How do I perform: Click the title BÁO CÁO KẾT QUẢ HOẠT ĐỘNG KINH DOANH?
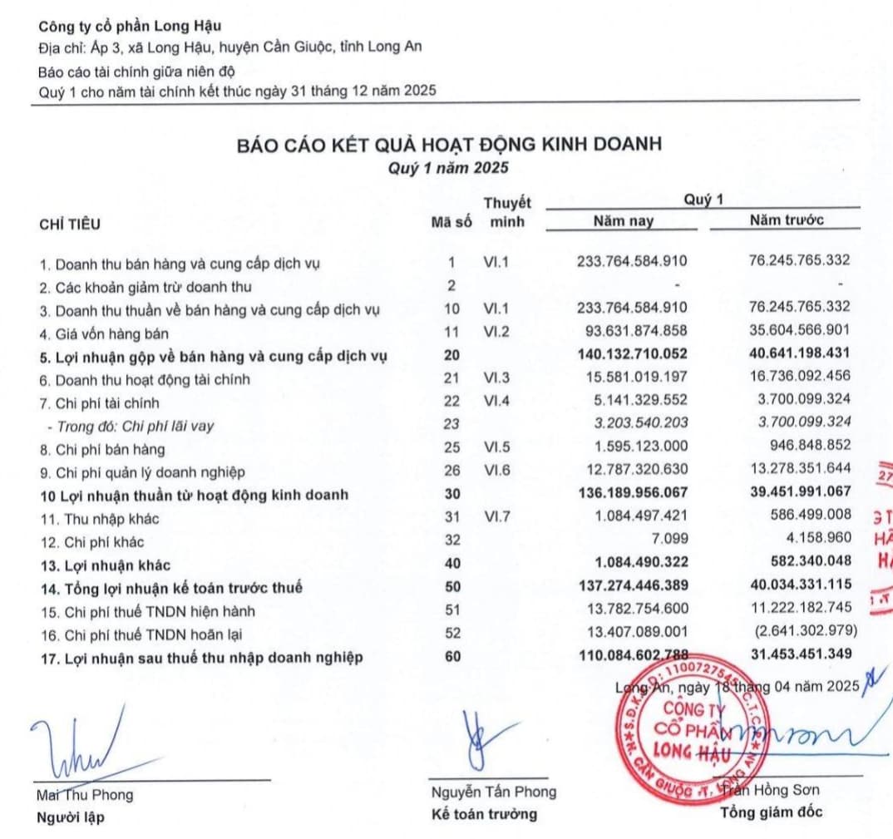click(x=449, y=144)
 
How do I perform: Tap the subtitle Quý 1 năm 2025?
click(x=449, y=167)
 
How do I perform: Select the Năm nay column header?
click(x=623, y=220)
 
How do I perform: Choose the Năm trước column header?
click(x=787, y=220)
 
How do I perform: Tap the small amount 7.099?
click(x=669, y=541)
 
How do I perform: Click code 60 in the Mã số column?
click(x=451, y=657)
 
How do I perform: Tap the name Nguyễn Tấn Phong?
click(x=493, y=792)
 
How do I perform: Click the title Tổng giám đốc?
click(x=772, y=812)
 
